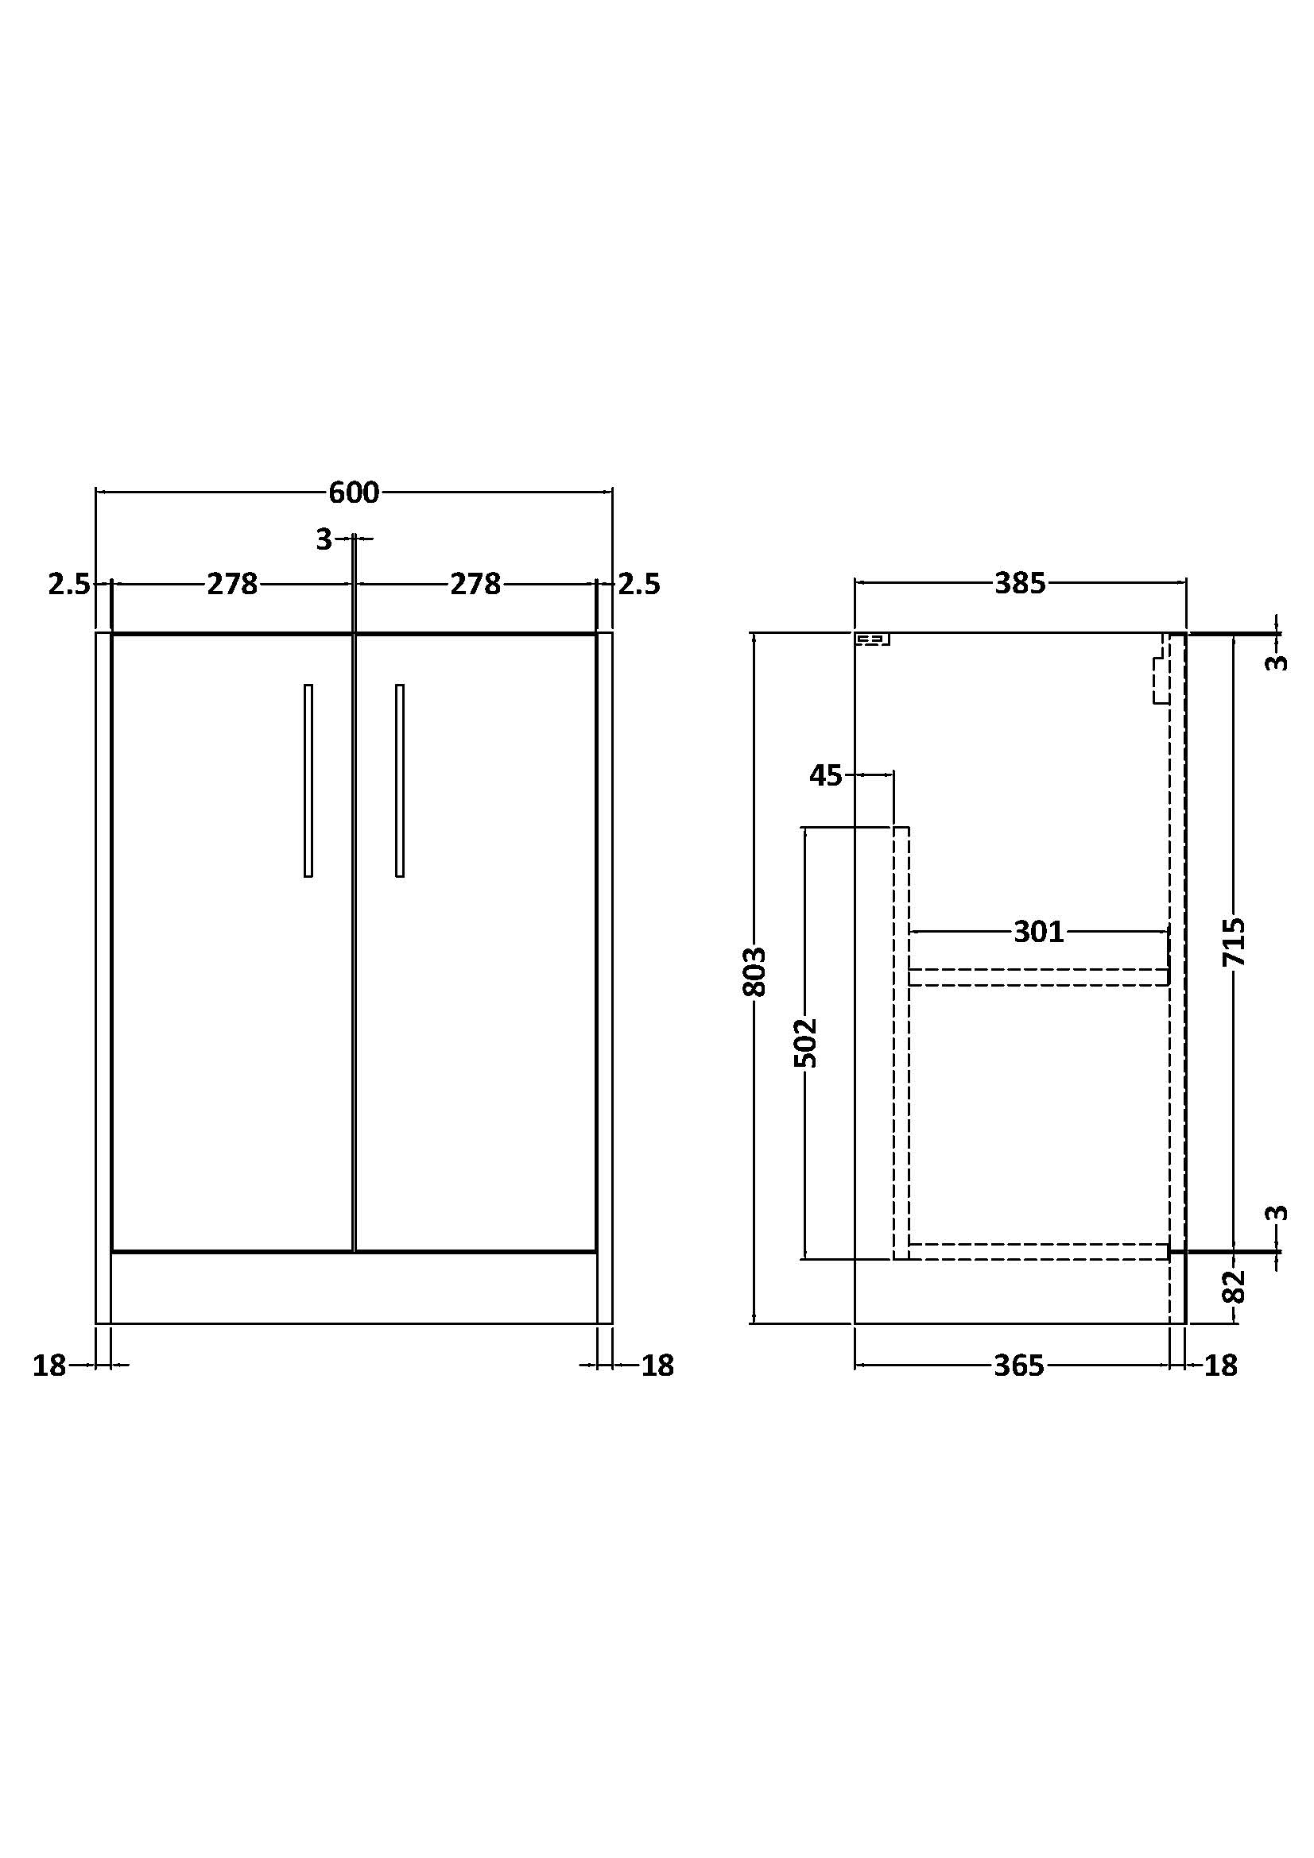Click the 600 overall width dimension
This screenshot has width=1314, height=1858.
(354, 492)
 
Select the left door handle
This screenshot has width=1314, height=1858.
(308, 780)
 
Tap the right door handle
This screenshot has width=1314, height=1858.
(400, 780)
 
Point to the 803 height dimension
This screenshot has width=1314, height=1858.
(754, 970)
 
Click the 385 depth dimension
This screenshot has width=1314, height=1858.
(1020, 584)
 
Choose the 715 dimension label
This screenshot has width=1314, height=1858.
(1234, 942)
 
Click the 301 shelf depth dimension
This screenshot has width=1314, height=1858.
(1039, 933)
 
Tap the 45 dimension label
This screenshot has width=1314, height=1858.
(826, 775)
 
